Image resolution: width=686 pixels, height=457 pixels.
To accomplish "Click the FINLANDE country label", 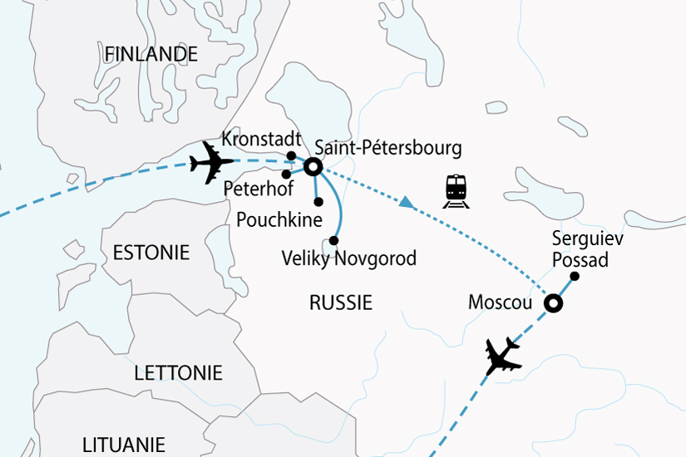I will [x=151, y=55].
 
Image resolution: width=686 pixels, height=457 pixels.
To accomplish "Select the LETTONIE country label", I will [x=179, y=373].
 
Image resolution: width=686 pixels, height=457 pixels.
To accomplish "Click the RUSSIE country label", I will [x=340, y=302].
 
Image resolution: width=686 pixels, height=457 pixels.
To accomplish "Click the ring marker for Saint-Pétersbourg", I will [x=313, y=167].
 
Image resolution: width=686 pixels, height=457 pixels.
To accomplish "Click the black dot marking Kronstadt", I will [x=291, y=155].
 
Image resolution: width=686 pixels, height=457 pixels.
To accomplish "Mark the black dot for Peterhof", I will [x=286, y=174].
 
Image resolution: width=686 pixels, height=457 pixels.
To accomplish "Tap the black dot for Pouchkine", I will [x=318, y=201].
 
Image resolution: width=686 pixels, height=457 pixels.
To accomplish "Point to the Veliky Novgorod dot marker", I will [x=333, y=241].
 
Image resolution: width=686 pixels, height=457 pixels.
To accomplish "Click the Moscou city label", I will [x=500, y=303].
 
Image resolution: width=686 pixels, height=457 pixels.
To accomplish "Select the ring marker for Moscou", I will [x=552, y=305].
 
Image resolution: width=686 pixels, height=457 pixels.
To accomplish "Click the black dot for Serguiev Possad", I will [x=574, y=278].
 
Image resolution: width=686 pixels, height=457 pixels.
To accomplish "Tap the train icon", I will [x=457, y=190].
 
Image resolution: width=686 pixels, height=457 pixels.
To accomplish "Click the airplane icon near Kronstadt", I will [x=211, y=161].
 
